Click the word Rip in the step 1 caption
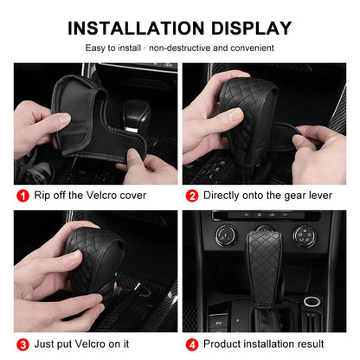pos(42,196)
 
